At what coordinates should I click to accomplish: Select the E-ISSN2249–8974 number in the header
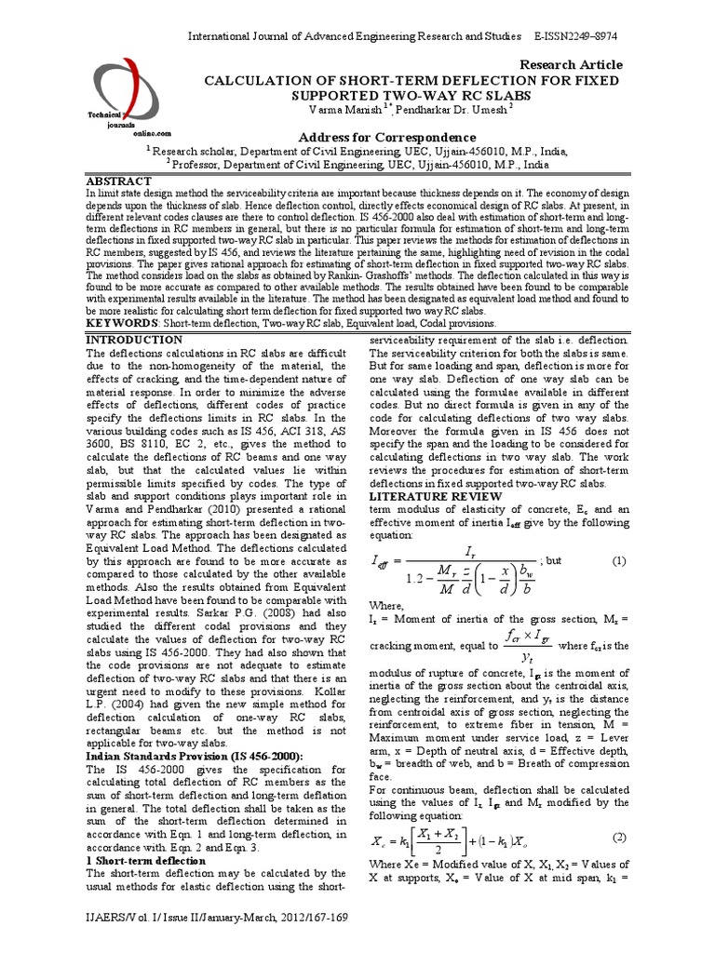[x=577, y=35]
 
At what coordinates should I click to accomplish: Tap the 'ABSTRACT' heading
[x=118, y=180]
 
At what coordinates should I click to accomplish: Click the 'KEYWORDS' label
[x=120, y=323]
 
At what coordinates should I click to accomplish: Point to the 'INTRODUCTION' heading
[x=134, y=341]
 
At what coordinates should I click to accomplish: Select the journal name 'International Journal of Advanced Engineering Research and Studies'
[x=353, y=35]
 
